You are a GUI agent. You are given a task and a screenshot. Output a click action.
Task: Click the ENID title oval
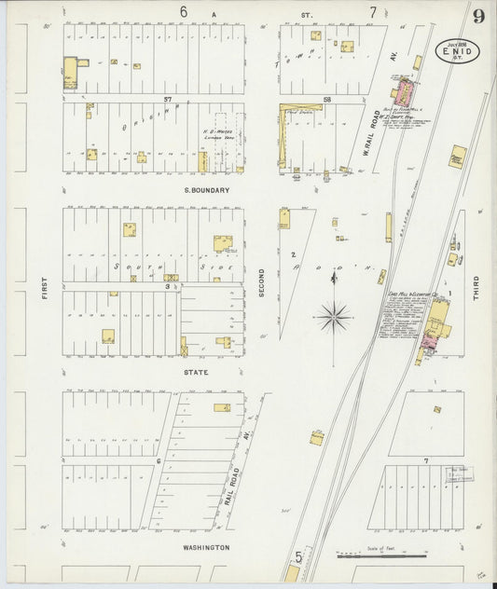[x=457, y=49]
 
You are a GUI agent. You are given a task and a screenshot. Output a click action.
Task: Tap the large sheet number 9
[x=478, y=16]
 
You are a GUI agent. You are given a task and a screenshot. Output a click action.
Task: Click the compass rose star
[x=334, y=318]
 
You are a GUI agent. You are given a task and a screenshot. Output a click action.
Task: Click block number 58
[x=326, y=98]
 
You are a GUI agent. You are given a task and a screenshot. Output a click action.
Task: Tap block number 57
[x=169, y=98]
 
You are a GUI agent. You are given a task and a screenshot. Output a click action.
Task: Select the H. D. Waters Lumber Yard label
[x=217, y=133]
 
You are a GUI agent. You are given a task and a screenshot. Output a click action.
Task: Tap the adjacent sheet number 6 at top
[x=184, y=12]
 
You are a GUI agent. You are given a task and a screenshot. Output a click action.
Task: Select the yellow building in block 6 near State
[x=222, y=407]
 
